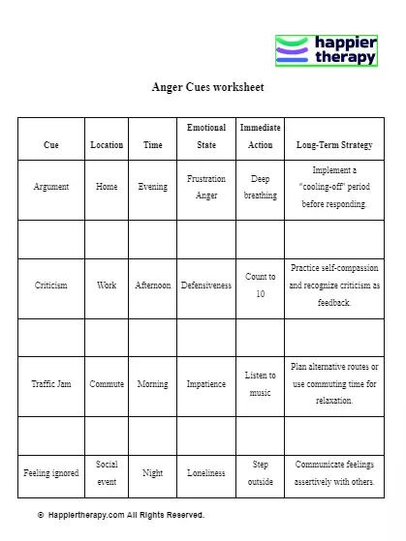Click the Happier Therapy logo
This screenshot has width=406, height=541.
[327, 50]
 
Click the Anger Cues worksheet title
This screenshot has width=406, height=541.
[207, 87]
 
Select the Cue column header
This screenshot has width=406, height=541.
[51, 145]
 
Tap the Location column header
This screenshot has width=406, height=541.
[107, 145]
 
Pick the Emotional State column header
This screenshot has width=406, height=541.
[206, 136]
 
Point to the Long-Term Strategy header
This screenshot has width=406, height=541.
[334, 145]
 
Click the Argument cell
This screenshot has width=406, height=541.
[51, 187]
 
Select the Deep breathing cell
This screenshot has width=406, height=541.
[260, 187]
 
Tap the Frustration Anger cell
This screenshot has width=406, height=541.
[206, 187]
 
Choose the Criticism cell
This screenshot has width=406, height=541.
[51, 286]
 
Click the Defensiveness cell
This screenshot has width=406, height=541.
[206, 286]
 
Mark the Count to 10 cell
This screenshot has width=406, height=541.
[260, 286]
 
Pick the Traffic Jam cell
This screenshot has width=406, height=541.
[51, 384]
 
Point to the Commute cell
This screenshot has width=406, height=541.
[107, 384]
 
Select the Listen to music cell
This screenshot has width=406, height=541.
[260, 384]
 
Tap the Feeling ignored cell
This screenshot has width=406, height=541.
[51, 473]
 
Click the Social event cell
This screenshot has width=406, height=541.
[107, 473]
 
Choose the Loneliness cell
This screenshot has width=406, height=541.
[206, 473]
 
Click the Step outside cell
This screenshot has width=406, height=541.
[260, 473]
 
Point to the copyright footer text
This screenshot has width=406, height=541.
[121, 515]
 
